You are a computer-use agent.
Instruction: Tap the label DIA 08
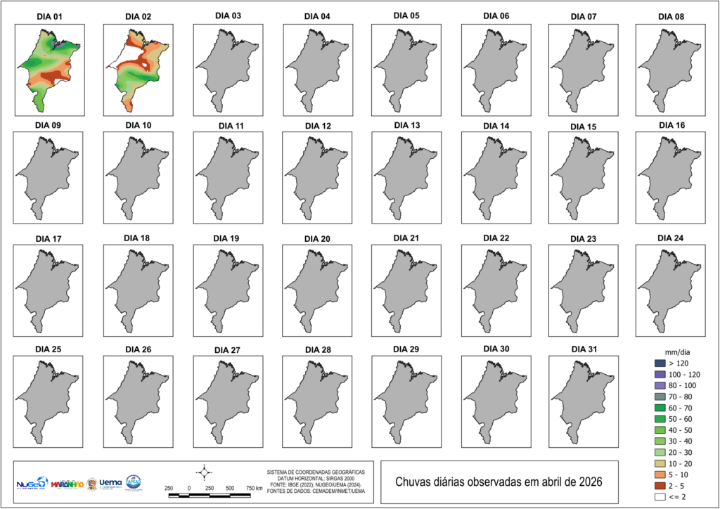[670, 16]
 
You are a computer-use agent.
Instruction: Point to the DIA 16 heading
[670, 125]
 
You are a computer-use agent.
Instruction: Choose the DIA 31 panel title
[582, 349]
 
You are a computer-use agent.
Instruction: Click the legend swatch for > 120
[660, 363]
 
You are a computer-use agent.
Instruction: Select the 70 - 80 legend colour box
[660, 397]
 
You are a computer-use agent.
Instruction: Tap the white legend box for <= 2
[660, 496]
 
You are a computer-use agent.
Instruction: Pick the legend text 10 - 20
[681, 463]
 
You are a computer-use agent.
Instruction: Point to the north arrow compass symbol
[205, 470]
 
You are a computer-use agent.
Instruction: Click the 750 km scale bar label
[255, 488]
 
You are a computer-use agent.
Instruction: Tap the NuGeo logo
[32, 484]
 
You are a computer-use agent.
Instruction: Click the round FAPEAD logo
[134, 483]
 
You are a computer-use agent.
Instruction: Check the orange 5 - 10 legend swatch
[660, 475]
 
